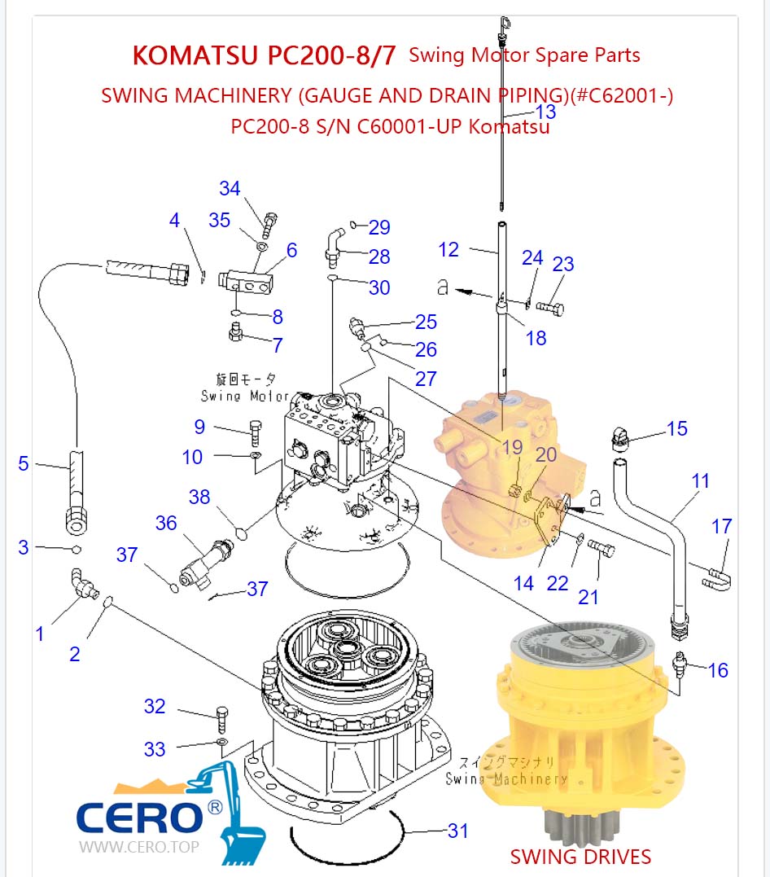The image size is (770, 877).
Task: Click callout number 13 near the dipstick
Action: [546, 112]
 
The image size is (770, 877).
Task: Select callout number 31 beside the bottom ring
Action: [458, 831]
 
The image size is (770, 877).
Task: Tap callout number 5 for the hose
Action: [24, 463]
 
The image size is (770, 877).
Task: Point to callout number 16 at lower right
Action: [718, 670]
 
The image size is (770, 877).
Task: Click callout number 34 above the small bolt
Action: [230, 188]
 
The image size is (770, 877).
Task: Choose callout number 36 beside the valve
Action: [166, 523]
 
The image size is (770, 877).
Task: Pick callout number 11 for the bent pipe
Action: [700, 480]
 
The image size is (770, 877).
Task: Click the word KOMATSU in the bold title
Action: [195, 55]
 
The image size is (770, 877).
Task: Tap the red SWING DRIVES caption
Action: [580, 857]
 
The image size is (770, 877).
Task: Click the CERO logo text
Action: [140, 818]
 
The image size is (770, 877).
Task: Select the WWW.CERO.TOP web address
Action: [139, 847]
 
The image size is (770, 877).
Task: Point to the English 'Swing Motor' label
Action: [245, 396]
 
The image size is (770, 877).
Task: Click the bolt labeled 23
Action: [550, 308]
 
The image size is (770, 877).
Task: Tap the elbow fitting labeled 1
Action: [83, 582]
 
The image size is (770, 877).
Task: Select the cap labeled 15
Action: [620, 439]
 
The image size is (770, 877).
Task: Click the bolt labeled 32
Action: [222, 719]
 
